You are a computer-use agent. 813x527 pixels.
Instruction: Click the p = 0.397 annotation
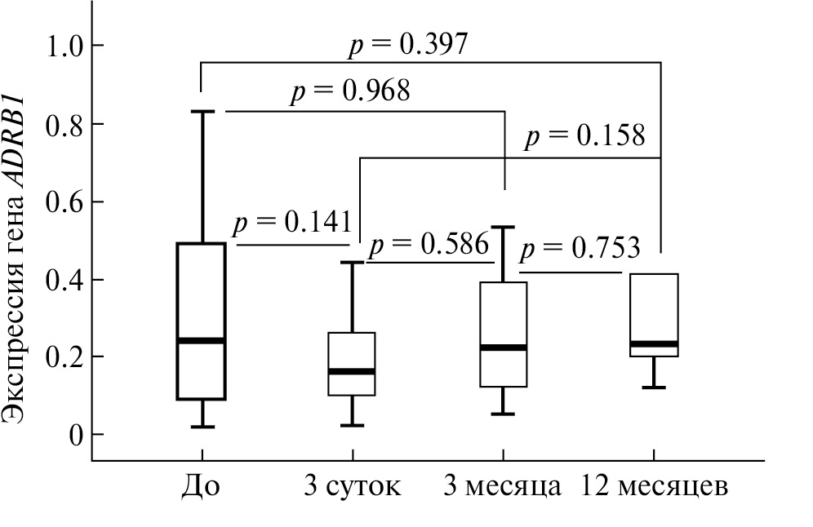(408, 45)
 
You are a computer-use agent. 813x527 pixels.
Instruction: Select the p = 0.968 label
(350, 91)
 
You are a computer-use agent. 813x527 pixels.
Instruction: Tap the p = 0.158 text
(585, 136)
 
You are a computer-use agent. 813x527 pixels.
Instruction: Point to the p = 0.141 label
(293, 223)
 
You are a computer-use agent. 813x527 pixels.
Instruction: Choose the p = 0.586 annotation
(429, 244)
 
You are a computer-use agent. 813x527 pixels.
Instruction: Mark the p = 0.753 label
(580, 248)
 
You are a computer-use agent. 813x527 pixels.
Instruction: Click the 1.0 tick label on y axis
(64, 46)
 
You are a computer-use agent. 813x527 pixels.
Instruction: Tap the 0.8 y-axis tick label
(64, 124)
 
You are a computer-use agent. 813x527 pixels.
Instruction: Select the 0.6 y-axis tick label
(64, 201)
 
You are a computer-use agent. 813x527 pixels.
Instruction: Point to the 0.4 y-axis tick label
(64, 280)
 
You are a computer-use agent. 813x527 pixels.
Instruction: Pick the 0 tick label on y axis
(76, 436)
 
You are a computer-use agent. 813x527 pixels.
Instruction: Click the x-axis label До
(201, 486)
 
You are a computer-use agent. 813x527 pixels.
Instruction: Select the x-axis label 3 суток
(352, 486)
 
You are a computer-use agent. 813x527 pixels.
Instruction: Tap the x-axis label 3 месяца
(503, 486)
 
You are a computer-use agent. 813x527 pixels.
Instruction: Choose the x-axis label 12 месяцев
(654, 486)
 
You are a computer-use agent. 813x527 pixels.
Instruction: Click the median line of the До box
(201, 340)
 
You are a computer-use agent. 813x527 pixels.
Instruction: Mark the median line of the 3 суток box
(352, 371)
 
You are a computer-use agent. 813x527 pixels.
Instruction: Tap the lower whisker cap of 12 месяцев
(654, 387)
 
